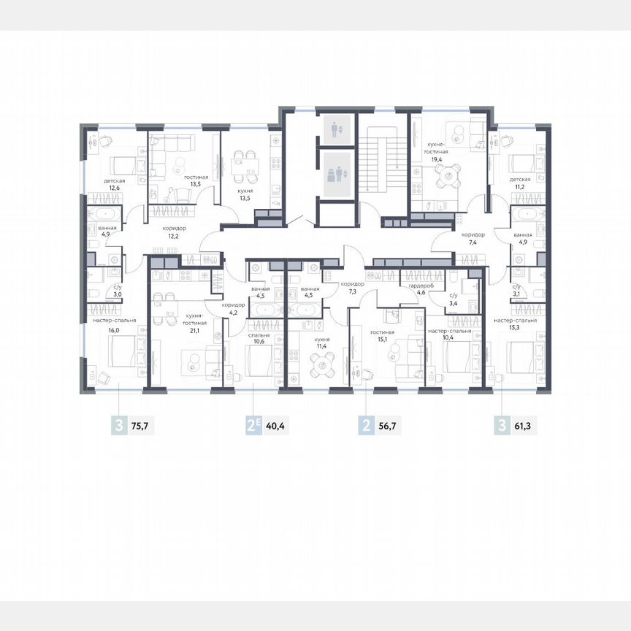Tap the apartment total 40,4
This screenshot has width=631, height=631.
pos(275,426)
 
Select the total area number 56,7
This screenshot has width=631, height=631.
pos(390,426)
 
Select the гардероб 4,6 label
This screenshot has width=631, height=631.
pos(421,290)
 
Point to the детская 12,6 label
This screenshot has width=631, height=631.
pos(114,184)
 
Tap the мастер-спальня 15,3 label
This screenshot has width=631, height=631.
pos(515,324)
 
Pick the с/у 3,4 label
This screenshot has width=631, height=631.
pos(452,297)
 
